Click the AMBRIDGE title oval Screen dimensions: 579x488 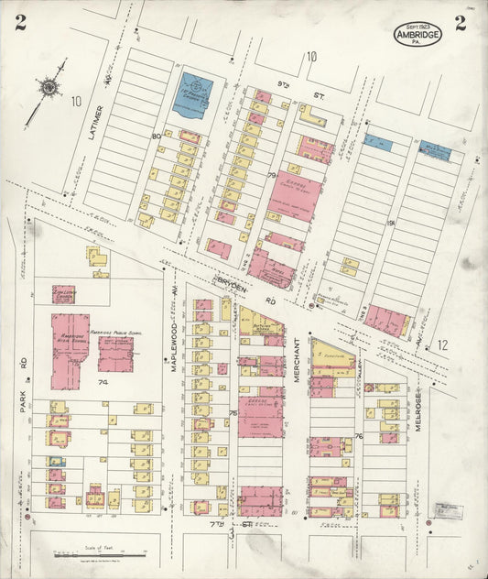pos(418,34)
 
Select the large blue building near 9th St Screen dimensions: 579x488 pos(192,95)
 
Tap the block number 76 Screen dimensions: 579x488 pos(359,436)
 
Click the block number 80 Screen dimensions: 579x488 pos(156,137)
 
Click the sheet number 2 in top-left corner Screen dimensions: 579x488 pos(20,23)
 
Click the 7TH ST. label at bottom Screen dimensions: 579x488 pos(240,523)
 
